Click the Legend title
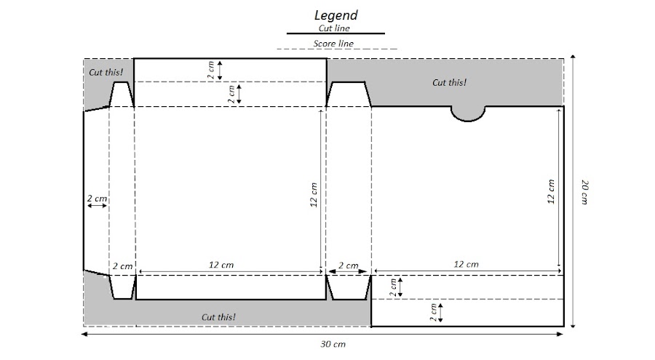coord(336,15)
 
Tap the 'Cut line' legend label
coord(335,28)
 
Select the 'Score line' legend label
coord(334,44)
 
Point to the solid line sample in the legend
coord(336,33)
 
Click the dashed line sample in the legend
coord(336,49)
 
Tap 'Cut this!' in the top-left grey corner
coord(106,72)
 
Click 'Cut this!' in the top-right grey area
coord(449,82)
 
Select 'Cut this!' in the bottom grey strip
coord(218,317)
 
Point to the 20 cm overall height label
coord(584,192)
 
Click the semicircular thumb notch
coord(468,112)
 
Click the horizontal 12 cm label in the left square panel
coord(223,265)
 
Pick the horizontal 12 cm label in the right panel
coord(467,265)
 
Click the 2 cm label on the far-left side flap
coord(98,198)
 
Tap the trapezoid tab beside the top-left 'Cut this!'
coord(121,94)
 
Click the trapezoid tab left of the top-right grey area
coord(349,94)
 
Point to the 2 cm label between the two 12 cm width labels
coord(349,265)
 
